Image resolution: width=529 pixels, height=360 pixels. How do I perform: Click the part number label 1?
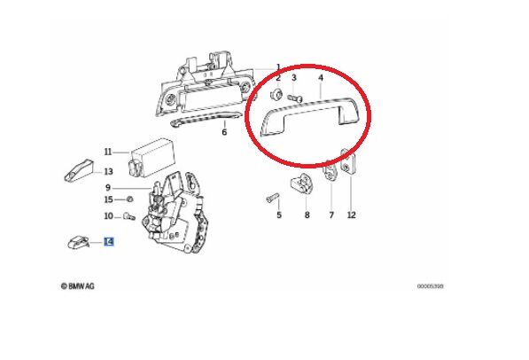pos(277,67)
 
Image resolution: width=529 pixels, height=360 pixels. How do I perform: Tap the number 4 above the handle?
pos(321,79)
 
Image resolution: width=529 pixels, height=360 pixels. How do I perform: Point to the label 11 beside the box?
pos(108,152)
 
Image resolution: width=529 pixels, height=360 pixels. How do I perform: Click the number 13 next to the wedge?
pos(108,171)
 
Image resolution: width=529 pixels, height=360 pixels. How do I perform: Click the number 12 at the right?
pos(351,215)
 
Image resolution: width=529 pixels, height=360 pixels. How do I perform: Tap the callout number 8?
pos(306,215)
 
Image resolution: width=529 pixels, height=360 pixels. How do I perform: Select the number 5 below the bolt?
pos(277,215)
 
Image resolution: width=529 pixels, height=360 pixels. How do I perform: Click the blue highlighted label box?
pos(109,240)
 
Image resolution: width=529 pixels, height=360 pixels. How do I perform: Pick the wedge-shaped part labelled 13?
pos(79,168)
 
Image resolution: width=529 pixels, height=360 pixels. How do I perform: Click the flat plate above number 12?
pos(348,166)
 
